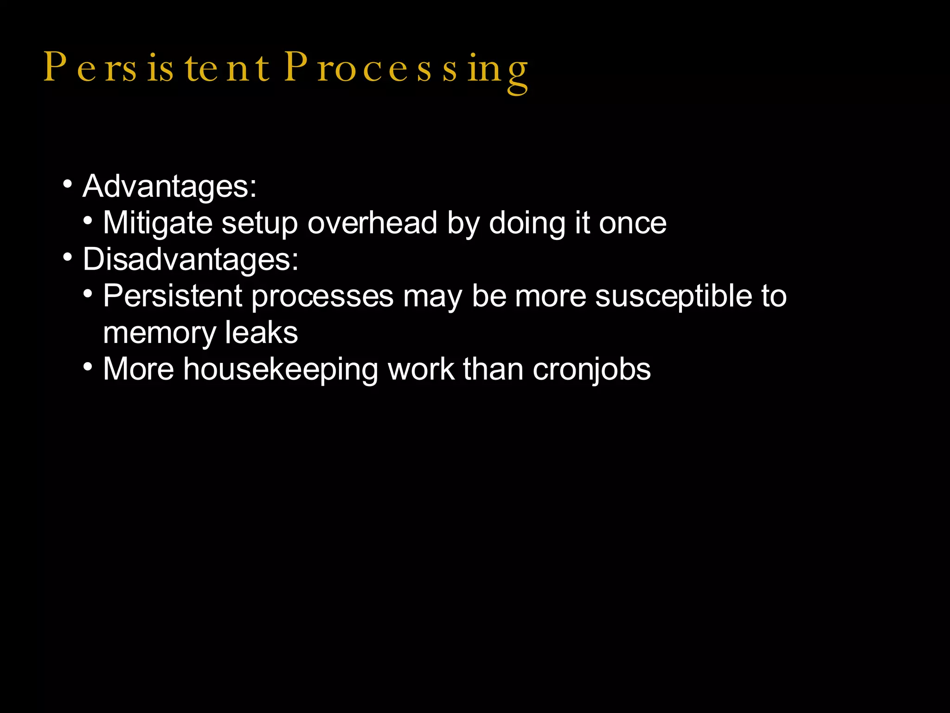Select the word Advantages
tap(169, 187)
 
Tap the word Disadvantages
tap(190, 259)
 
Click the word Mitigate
tap(157, 223)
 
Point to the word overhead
tap(372, 223)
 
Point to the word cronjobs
tap(591, 370)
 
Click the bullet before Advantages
tap(68, 184)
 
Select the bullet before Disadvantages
tap(68, 257)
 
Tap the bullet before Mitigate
tap(88, 220)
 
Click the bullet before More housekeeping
tap(88, 367)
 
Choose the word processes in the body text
tap(322, 297)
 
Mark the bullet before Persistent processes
tap(88, 293)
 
